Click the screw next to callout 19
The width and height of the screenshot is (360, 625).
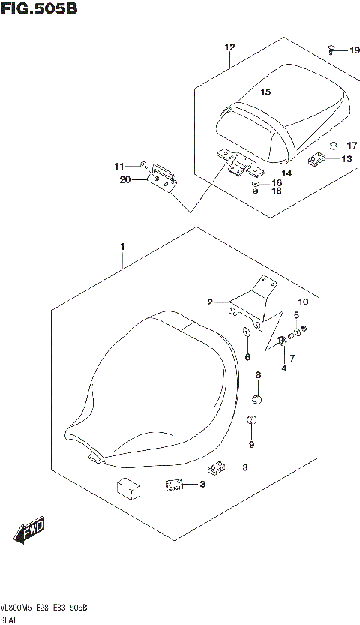(x=331, y=49)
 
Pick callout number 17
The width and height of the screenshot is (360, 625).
(x=352, y=145)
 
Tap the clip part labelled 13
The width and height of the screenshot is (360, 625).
(x=316, y=158)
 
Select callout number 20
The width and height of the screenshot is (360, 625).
(x=124, y=179)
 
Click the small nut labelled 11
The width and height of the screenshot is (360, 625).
(x=142, y=164)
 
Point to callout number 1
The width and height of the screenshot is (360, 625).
(x=121, y=246)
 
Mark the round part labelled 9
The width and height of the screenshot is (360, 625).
(x=252, y=420)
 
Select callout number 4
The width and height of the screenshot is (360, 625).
(x=283, y=368)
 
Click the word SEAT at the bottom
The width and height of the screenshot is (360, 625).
(x=13, y=620)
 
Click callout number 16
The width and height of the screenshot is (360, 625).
(x=277, y=183)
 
